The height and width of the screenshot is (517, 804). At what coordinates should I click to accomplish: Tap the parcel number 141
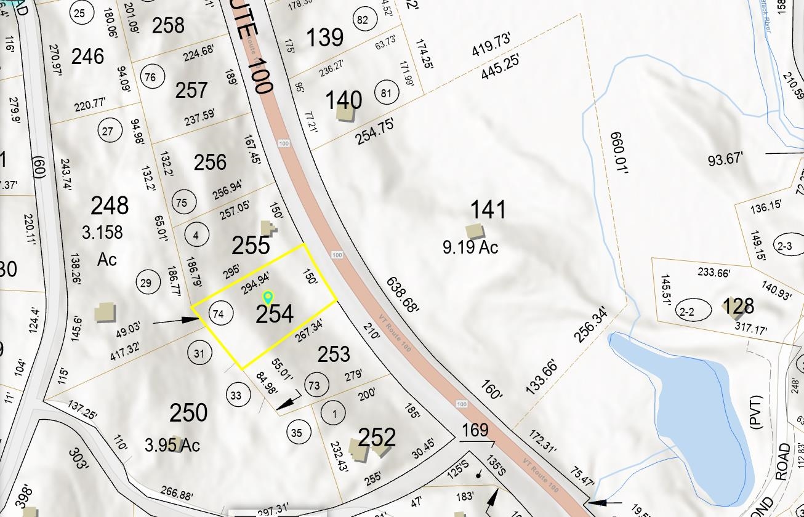tap(488, 210)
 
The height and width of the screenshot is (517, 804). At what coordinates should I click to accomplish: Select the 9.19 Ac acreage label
tap(470, 247)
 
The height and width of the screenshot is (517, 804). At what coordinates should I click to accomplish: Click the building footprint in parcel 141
tap(474, 231)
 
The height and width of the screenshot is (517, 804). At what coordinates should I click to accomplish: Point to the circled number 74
tap(217, 313)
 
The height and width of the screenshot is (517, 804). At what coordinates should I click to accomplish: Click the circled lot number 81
tap(386, 94)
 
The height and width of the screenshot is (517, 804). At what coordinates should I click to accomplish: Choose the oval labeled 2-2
tap(686, 312)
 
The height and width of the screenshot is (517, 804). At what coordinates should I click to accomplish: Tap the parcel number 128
tap(738, 306)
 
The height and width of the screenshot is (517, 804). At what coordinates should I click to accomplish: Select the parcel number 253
tap(334, 354)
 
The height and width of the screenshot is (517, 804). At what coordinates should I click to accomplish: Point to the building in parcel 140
tap(344, 113)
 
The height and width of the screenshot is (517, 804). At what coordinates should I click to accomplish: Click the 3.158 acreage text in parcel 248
tap(102, 233)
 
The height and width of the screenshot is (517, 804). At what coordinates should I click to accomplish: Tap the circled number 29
tap(146, 283)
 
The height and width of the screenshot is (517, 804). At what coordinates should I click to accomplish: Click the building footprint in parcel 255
tap(268, 228)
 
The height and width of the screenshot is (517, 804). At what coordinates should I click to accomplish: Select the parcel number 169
tap(475, 430)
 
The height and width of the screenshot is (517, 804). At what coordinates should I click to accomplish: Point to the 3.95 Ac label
tap(172, 445)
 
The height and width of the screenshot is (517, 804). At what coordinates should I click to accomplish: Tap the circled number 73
tap(314, 385)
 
